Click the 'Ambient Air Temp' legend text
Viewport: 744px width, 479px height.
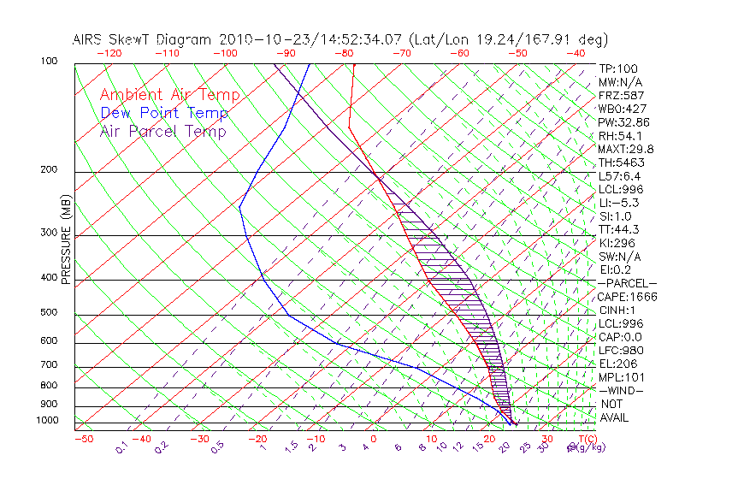[x=170, y=95]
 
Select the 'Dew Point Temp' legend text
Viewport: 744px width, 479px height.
[x=164, y=113]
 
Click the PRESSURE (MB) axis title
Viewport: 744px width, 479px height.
[x=67, y=240]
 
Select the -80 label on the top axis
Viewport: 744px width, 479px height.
[x=345, y=53]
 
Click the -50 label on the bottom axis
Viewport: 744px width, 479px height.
[x=83, y=440]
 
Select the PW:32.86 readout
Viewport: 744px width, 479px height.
[x=624, y=122]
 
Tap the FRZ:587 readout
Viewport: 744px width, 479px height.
[x=622, y=95]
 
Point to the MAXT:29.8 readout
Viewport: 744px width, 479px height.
[x=627, y=149]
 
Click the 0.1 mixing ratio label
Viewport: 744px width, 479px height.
[x=121, y=446]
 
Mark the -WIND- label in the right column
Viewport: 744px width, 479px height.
[x=622, y=390]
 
